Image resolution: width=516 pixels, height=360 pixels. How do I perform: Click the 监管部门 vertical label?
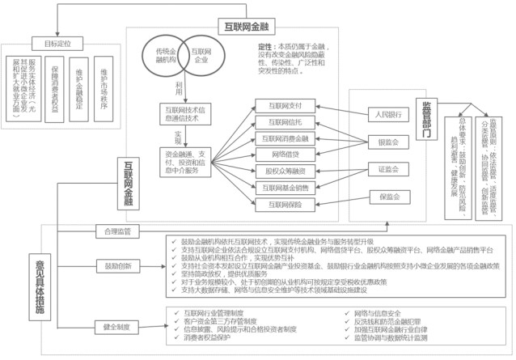click(426, 121)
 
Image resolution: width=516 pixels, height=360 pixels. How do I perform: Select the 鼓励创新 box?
click(116, 265)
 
